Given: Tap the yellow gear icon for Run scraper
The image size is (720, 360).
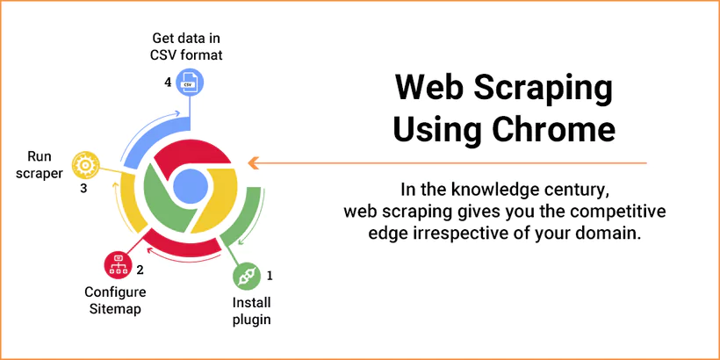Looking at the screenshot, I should pos(85,163).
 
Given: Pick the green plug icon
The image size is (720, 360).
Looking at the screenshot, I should pos(247,277).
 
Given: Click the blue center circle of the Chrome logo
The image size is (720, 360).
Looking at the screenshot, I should pos(190,185).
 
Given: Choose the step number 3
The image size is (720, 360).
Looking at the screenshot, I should pos(83,187).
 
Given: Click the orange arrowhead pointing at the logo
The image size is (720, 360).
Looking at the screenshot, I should pos(253,162).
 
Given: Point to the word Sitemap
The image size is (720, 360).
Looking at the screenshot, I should pos(115,308).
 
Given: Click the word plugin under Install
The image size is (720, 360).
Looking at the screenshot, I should pos(251,319).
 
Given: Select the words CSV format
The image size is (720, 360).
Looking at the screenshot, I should pos(186,54).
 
